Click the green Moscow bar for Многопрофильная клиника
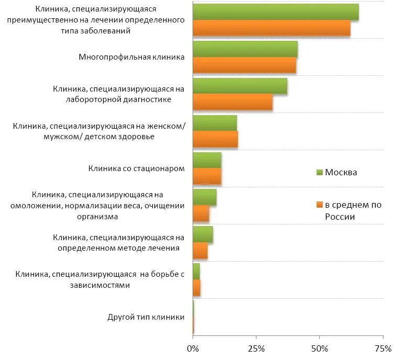coord(245,49)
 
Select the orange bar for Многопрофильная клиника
coord(244,65)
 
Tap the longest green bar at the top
coord(276,12)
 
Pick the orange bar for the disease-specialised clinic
coord(272,28)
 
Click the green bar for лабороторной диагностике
coord(240,86)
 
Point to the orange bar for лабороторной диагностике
coord(232,103)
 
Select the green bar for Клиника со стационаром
coord(207,161)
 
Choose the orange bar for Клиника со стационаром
coord(207,177)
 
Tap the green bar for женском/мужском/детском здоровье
coord(215,123)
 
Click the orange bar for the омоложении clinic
coord(201,213)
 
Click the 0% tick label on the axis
coord(193,348)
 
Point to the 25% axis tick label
coord(256,348)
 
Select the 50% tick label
coord(319,348)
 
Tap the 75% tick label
coord(383,348)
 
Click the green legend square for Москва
coord(320,173)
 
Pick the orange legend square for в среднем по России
coord(320,205)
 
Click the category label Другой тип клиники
coord(146,317)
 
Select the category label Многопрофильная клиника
coord(131,57)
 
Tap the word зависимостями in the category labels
coord(99,285)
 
